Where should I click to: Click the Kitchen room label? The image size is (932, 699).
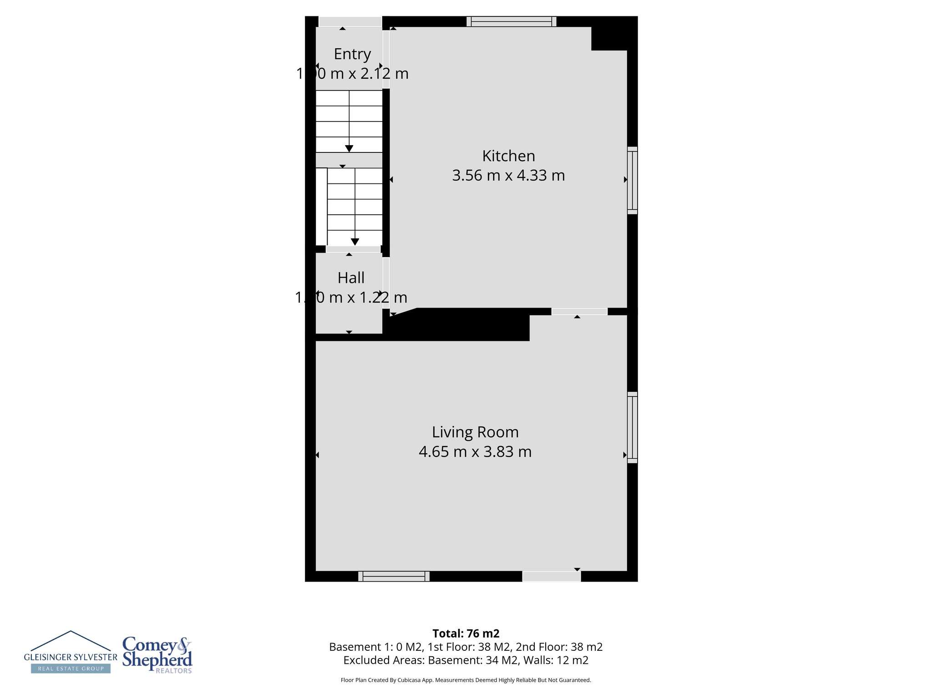click(508, 156)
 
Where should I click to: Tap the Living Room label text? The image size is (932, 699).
click(475, 432)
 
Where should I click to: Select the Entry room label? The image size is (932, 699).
click(352, 54)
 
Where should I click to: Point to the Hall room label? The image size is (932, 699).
click(351, 278)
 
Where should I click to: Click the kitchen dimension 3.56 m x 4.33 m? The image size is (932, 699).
click(508, 176)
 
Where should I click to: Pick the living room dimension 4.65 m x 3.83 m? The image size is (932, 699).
click(475, 452)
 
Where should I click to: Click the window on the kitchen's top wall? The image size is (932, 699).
click(511, 21)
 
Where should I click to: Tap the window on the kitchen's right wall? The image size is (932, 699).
click(632, 180)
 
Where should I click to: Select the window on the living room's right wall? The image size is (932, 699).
click(632, 427)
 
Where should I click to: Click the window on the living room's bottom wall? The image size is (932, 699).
click(394, 576)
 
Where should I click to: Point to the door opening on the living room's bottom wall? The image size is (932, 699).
click(552, 576)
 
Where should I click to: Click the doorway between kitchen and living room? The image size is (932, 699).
click(579, 312)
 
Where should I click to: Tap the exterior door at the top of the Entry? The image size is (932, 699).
click(350, 21)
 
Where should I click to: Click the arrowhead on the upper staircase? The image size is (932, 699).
click(349, 148)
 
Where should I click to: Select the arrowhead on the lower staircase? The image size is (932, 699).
click(355, 242)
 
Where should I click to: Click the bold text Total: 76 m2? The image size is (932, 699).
click(466, 633)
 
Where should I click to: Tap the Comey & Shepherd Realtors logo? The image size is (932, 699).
click(157, 655)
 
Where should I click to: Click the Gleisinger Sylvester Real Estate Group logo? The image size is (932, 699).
click(71, 653)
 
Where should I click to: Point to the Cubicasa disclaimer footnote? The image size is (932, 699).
click(466, 680)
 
